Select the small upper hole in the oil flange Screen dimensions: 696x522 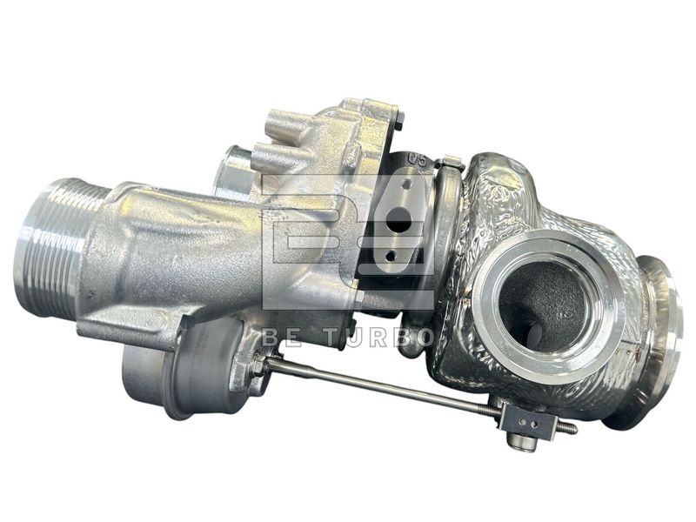click(x=406, y=183)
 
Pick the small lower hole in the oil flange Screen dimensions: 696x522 click(x=391, y=255)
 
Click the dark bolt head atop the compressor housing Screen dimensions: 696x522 click(x=399, y=119)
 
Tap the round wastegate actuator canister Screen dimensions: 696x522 click(x=186, y=368)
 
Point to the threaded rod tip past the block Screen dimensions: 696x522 click(x=566, y=428)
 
